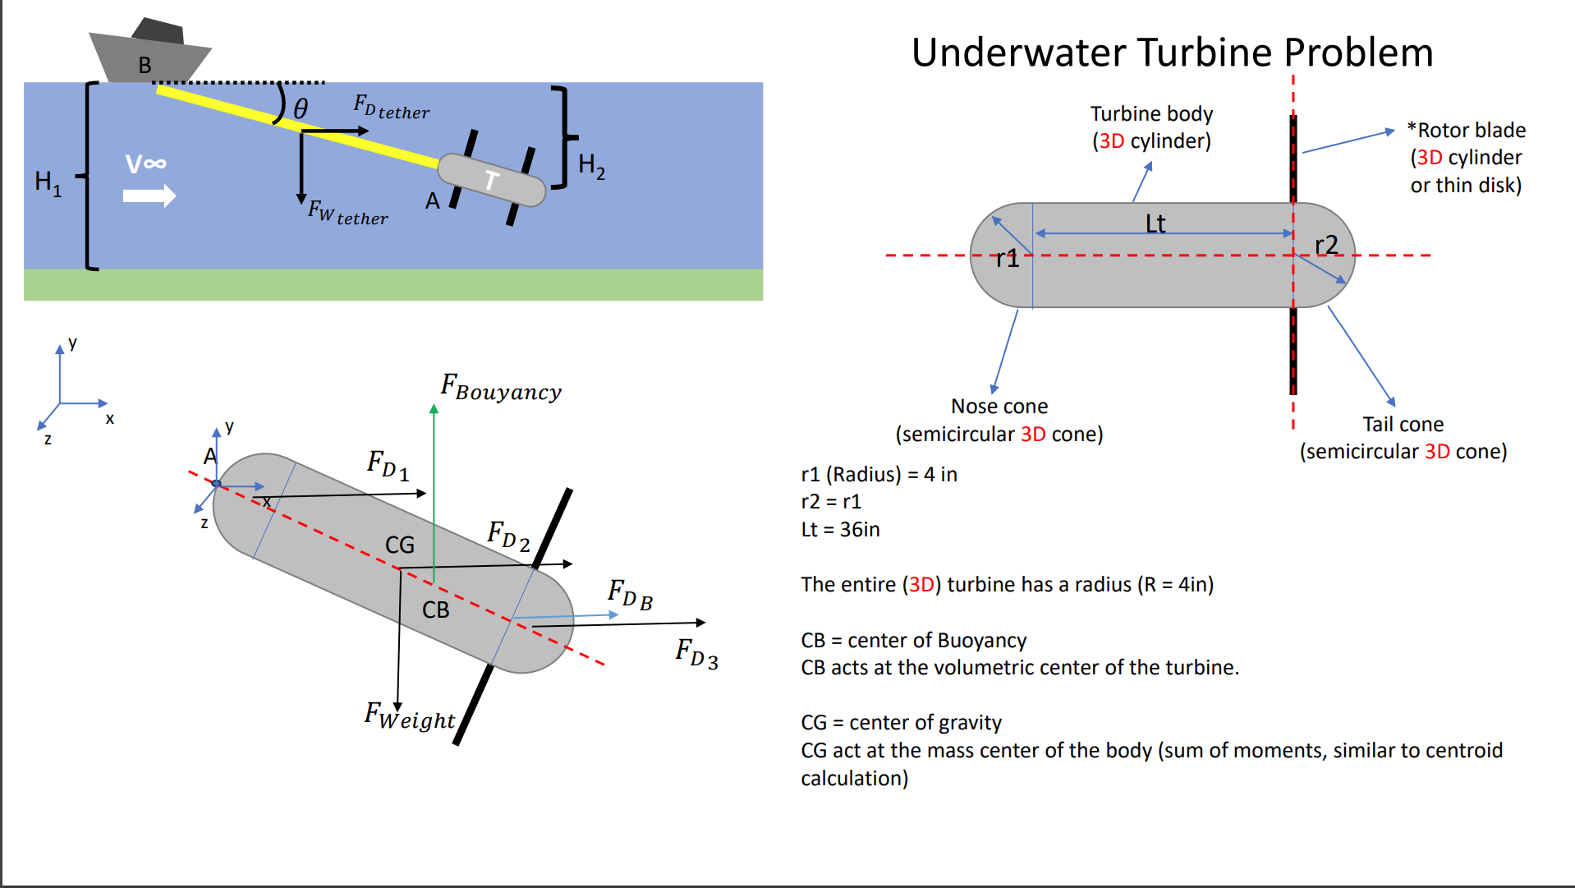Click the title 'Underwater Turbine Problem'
click(x=1172, y=53)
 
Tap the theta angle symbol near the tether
click(x=301, y=108)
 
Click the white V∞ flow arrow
click(x=149, y=196)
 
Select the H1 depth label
click(x=48, y=182)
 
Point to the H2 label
click(x=591, y=166)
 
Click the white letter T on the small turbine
click(x=491, y=180)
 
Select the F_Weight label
click(x=409, y=716)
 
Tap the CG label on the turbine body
click(x=400, y=545)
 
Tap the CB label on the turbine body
click(x=435, y=610)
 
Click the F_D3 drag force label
click(x=696, y=654)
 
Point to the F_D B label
click(x=630, y=594)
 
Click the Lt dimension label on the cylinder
click(x=1155, y=223)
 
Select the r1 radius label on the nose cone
click(x=1007, y=259)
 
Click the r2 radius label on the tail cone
click(x=1325, y=245)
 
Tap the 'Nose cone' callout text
click(x=999, y=407)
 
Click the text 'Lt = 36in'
click(x=840, y=530)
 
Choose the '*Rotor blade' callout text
click(x=1467, y=131)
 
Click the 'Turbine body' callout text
click(x=1151, y=114)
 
